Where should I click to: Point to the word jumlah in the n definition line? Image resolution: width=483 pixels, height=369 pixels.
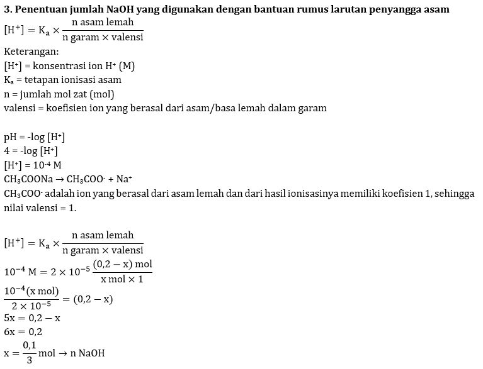pos(36,94)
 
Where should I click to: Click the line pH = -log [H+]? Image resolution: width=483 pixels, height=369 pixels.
pos(35,136)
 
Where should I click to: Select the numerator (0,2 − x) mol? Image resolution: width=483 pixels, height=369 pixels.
pos(122,263)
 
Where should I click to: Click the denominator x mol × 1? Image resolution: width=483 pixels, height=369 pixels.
pos(122,278)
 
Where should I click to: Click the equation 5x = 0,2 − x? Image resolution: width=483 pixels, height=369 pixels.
pos(32,317)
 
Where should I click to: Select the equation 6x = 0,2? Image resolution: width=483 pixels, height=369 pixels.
pos(23,331)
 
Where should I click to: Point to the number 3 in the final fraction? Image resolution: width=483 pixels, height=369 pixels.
pos(29,361)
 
